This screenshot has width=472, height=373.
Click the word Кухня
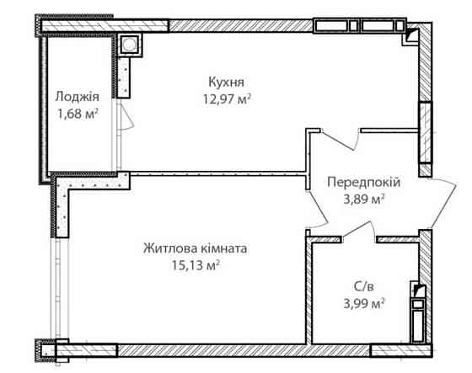click(x=227, y=82)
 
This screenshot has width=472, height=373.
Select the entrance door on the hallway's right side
click(x=439, y=202)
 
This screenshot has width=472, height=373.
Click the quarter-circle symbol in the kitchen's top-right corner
click(x=410, y=35)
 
